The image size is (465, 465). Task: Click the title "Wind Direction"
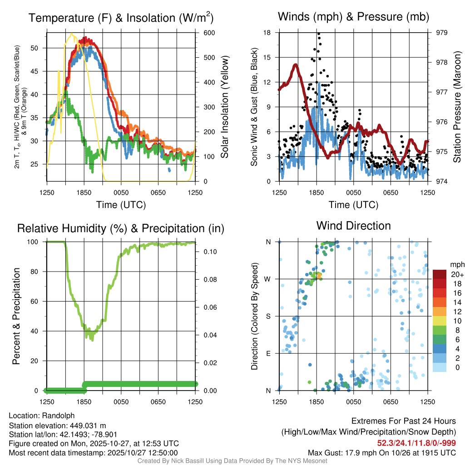coord(353,226)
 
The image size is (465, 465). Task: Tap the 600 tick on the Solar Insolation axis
coord(209,33)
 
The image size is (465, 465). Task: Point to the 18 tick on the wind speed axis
coord(267,33)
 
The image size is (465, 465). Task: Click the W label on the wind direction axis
coord(268,279)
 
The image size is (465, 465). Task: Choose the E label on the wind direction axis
coord(269,353)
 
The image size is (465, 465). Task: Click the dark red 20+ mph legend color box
coord(440,275)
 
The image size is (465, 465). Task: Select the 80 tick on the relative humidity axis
coord(38,272)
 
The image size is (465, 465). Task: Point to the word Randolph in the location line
coord(59,416)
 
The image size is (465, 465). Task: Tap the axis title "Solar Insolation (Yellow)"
coord(224,107)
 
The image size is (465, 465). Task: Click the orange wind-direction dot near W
coord(319,275)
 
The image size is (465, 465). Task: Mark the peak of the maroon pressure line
coord(295,65)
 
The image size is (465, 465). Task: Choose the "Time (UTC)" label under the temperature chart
coord(121,205)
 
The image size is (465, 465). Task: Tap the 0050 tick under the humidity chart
coord(121,401)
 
